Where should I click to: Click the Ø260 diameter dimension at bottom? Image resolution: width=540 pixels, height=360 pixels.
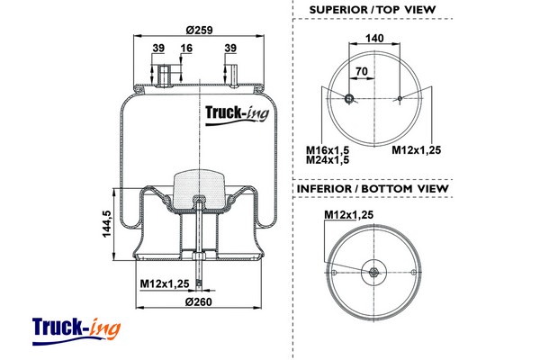click(198, 301)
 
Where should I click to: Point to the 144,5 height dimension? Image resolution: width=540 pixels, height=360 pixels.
click(105, 223)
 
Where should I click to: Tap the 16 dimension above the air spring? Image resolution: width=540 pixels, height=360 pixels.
click(186, 49)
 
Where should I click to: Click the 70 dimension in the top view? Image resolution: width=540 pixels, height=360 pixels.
click(362, 70)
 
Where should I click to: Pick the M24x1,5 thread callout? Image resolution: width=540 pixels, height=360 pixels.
click(328, 160)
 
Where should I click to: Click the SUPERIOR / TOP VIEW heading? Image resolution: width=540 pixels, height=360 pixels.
click(373, 10)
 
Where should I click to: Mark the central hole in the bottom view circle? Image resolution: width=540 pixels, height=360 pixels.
click(373, 271)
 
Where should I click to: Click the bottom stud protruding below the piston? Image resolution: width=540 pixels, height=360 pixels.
click(198, 270)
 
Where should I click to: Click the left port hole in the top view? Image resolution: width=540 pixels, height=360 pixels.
click(349, 99)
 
